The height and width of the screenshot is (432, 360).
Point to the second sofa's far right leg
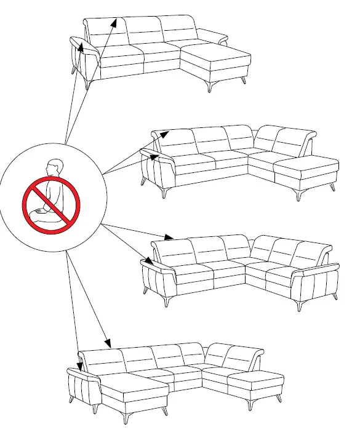pos(332,185)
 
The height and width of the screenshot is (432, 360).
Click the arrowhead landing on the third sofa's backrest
pos(170,237)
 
